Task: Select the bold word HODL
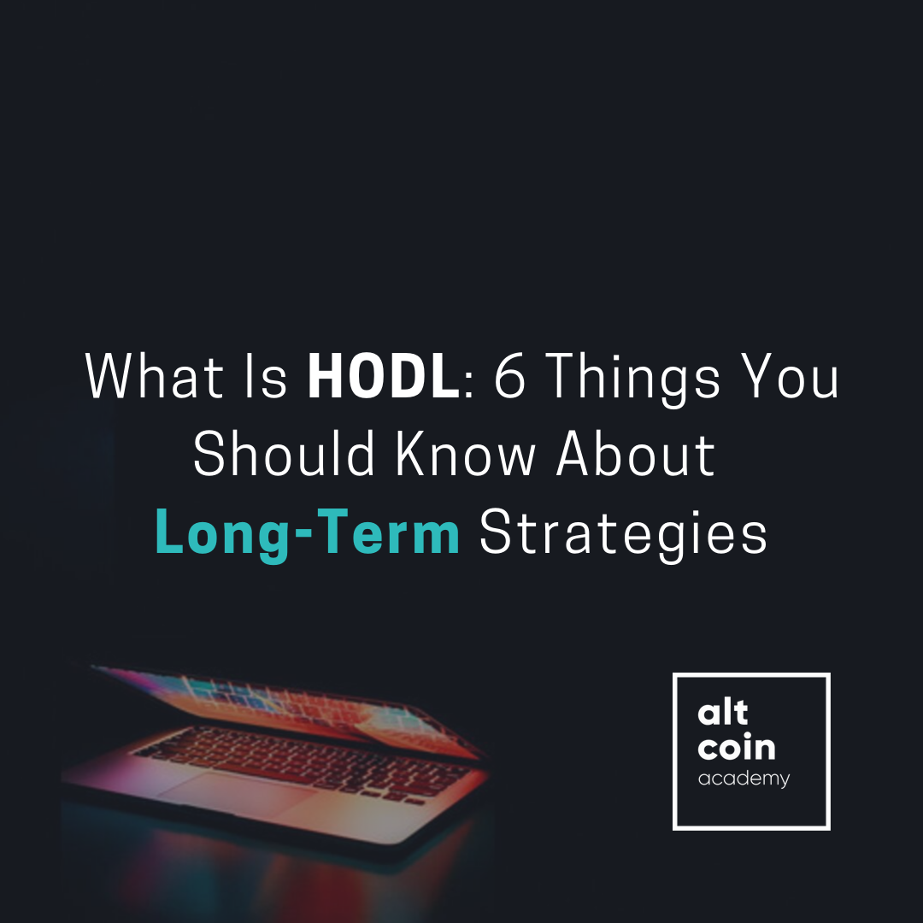click(384, 377)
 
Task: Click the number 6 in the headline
click(510, 377)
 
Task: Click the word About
click(636, 455)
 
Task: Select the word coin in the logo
click(737, 748)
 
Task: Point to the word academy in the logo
click(744, 779)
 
